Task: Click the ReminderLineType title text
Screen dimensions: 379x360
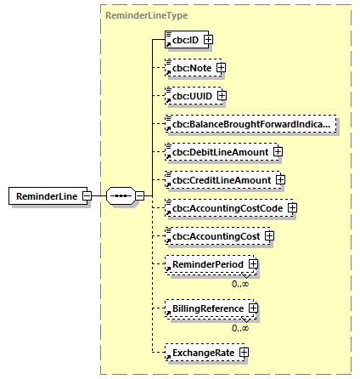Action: (134, 15)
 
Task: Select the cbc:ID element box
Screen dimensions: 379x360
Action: (182, 39)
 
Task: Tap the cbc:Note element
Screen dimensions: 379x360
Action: (189, 68)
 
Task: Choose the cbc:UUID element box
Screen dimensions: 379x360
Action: (188, 96)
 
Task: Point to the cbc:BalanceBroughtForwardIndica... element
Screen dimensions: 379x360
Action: (250, 124)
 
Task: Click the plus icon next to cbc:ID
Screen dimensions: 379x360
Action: (207, 39)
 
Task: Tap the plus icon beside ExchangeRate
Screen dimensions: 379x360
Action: (244, 351)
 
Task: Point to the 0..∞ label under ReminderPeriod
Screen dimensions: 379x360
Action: (241, 282)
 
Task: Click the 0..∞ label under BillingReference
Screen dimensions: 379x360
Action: (241, 326)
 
